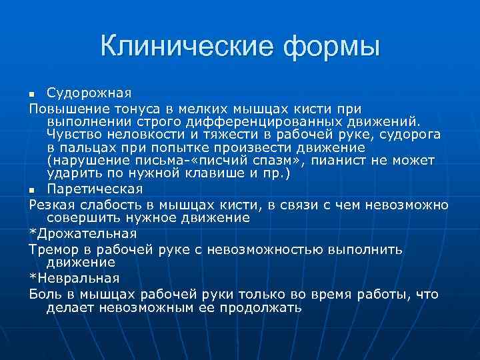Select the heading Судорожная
click(89, 92)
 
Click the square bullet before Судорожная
click(33, 93)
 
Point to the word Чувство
click(74, 135)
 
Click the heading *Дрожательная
click(83, 233)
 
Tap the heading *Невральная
click(74, 279)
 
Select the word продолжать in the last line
click(260, 308)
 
